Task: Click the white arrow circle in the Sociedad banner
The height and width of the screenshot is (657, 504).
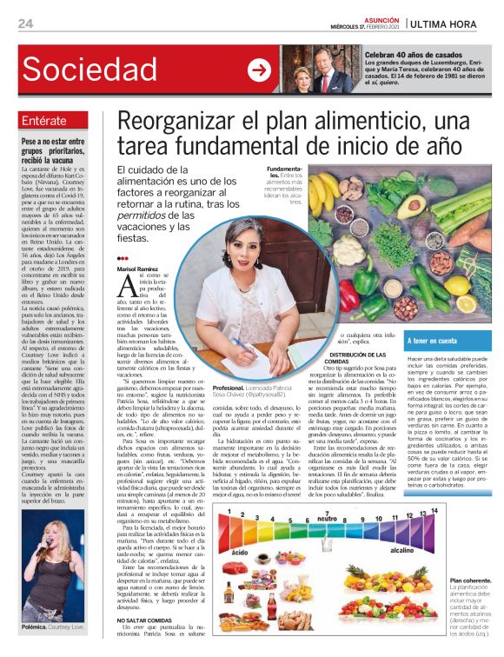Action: point(259,70)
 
